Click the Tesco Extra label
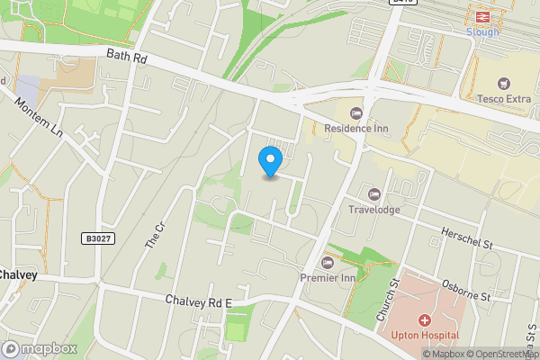click(502, 98)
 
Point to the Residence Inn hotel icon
click(355, 113)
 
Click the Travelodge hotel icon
click(373, 194)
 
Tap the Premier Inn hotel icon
click(327, 263)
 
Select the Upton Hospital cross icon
click(422, 320)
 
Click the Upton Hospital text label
click(426, 336)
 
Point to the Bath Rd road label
click(125, 56)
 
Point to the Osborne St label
click(466, 290)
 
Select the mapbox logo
click(40, 348)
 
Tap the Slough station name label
click(481, 31)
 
